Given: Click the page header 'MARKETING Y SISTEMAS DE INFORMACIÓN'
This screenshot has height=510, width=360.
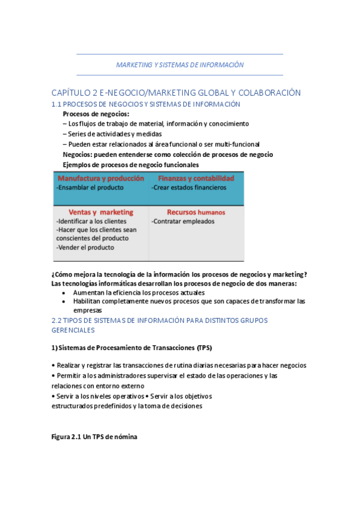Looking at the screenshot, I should coord(180,64).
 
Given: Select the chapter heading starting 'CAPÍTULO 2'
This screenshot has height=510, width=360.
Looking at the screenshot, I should coord(176,93).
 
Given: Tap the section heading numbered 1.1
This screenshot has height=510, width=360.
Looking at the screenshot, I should coord(146,104).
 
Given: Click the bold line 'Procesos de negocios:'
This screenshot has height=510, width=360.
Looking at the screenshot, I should coord(96,114).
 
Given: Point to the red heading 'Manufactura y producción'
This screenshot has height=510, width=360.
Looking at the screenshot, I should coord(101,179).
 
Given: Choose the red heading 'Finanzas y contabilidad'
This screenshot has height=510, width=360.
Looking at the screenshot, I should coord(196,179).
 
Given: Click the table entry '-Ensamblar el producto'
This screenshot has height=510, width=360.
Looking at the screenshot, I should coord(90,188).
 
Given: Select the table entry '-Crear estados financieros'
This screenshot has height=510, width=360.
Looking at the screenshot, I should coord(189,188).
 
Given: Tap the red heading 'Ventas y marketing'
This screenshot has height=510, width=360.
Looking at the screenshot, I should coord(101,212).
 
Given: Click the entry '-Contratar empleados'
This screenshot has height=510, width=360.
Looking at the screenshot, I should coord(182,221).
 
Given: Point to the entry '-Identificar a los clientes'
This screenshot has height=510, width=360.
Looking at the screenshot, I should coord(91,221).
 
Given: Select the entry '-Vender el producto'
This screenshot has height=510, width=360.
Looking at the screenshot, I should coord(85,247).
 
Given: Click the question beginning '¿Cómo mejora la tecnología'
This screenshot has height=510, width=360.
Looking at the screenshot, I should coord(180,274).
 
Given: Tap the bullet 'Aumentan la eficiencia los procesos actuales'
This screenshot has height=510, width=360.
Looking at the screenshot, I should coord(140,292).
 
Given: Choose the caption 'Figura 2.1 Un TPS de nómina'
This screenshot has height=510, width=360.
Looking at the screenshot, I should coord(94,437).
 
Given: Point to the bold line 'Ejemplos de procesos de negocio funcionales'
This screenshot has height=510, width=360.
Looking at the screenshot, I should coord(130,165).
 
